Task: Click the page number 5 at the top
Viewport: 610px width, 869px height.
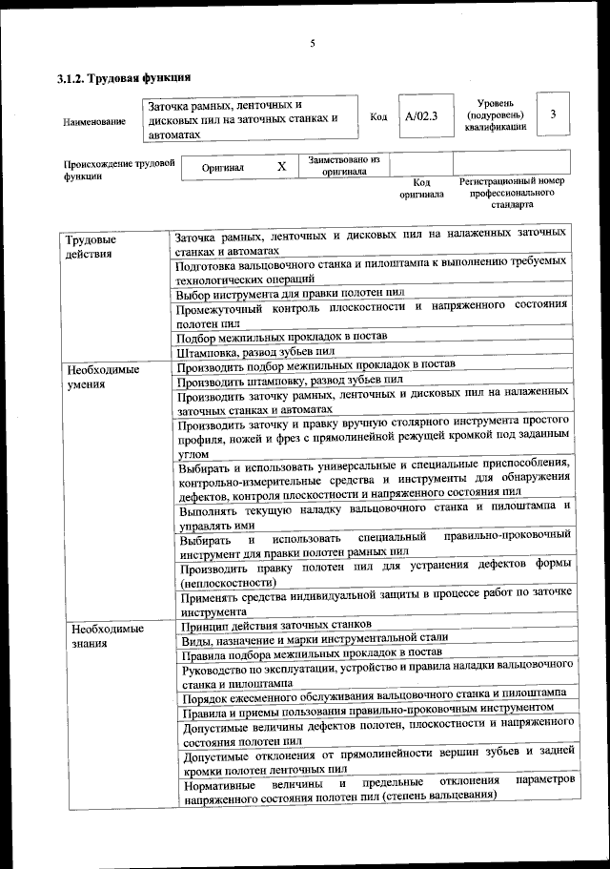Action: click(x=312, y=43)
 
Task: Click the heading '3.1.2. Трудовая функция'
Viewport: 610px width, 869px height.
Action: click(x=125, y=78)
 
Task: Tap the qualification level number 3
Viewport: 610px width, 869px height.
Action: click(x=553, y=114)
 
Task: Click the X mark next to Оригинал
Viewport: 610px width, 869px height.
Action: click(x=281, y=167)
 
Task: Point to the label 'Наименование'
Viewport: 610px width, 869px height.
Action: click(x=94, y=122)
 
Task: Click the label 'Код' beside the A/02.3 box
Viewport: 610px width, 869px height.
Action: click(x=377, y=117)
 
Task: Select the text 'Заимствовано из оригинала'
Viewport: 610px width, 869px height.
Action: click(x=344, y=166)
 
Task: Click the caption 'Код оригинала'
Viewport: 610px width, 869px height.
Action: click(x=421, y=188)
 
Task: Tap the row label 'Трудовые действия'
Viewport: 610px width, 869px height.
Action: click(x=89, y=246)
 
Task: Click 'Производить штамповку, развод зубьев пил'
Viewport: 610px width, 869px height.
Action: click(x=291, y=379)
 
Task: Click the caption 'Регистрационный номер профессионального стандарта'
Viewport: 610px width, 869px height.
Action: click(x=512, y=192)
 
